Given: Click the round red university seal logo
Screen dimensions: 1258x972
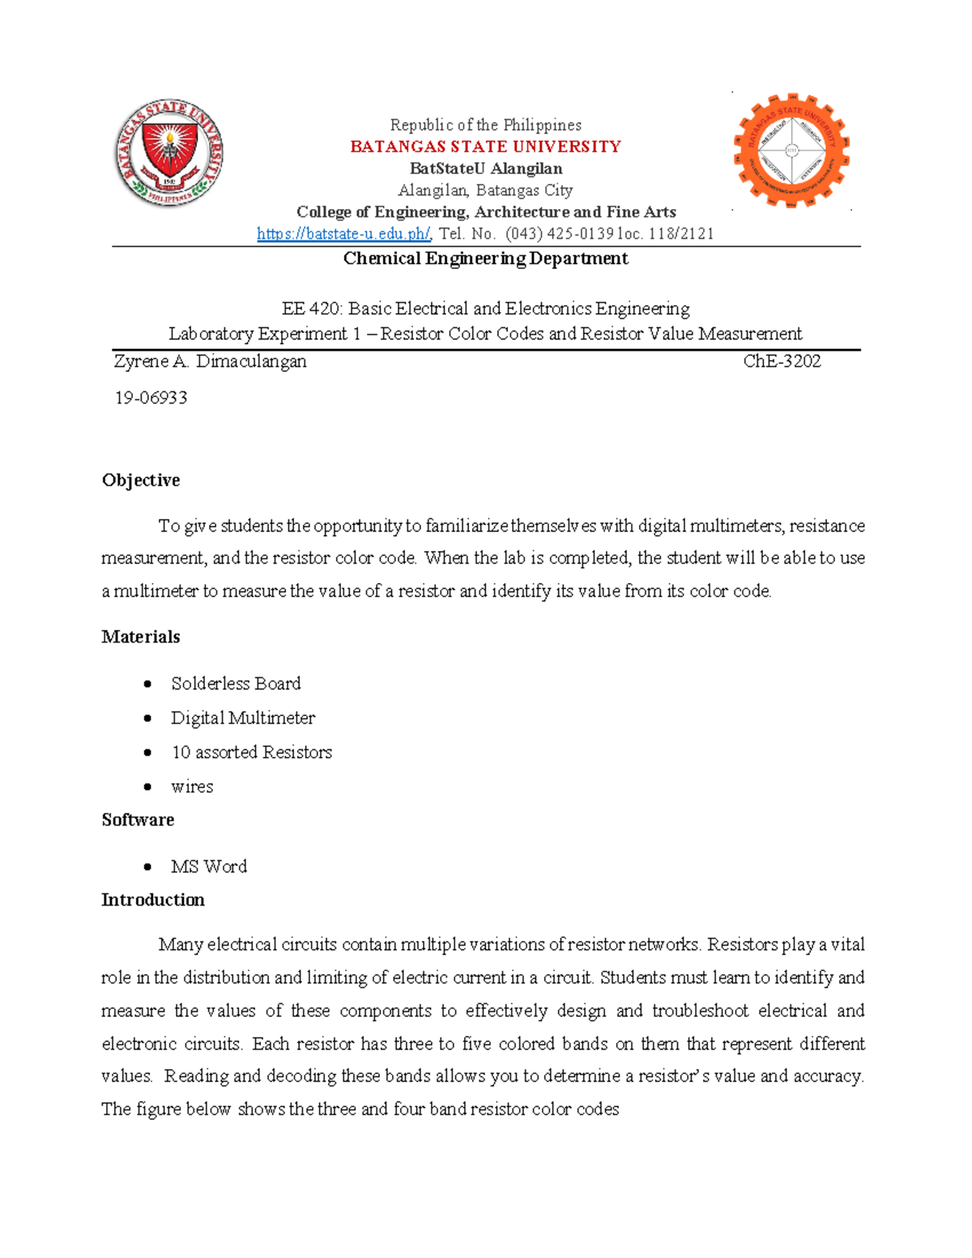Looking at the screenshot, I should pyautogui.click(x=168, y=152).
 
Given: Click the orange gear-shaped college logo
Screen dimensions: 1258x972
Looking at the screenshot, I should pyautogui.click(x=791, y=151).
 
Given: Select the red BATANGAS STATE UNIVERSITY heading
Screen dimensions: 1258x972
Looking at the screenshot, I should pyautogui.click(x=485, y=147).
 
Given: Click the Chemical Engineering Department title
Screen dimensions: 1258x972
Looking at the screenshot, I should pyautogui.click(x=485, y=258).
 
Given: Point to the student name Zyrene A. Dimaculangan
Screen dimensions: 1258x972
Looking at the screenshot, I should pyautogui.click(x=211, y=361).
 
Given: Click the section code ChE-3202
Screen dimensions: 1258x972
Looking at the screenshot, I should pyautogui.click(x=782, y=361).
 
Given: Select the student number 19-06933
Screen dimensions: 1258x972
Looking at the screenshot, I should pyautogui.click(x=151, y=398).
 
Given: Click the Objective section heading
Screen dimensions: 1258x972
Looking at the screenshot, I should pyautogui.click(x=141, y=480).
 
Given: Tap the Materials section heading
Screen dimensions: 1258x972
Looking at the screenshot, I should pyautogui.click(x=141, y=637).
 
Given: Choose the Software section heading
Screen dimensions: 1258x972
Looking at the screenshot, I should pyautogui.click(x=138, y=820).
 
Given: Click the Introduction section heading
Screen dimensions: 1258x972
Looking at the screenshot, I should pyautogui.click(x=153, y=900).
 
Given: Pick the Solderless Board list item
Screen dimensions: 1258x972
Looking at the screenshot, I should pyautogui.click(x=236, y=684).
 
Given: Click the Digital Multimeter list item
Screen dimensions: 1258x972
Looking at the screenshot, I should pyautogui.click(x=243, y=718).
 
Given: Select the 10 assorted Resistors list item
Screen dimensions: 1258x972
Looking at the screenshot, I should pyautogui.click(x=252, y=753).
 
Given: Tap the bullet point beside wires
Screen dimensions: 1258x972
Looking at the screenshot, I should pyautogui.click(x=147, y=787).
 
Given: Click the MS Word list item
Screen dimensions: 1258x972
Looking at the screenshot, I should pyautogui.click(x=209, y=867).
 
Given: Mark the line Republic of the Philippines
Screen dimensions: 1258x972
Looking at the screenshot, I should pyautogui.click(x=485, y=125).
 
